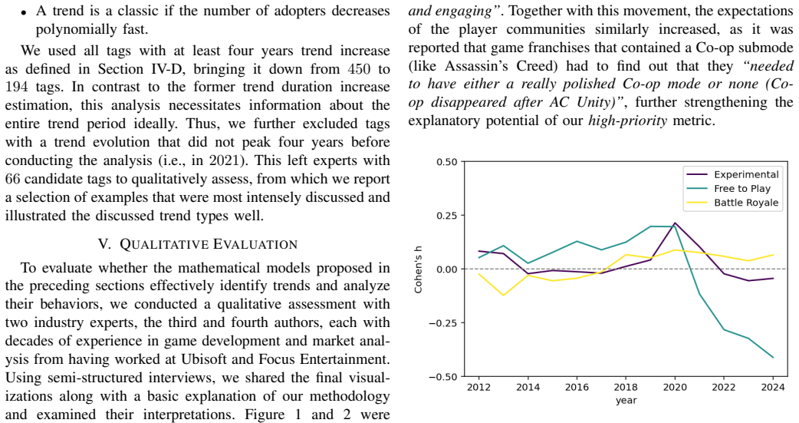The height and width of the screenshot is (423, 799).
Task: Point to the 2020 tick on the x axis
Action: pyautogui.click(x=675, y=377)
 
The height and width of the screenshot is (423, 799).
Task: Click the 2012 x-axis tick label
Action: pyautogui.click(x=478, y=387)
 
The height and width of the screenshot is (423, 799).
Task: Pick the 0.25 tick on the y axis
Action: pyautogui.click(x=462, y=215)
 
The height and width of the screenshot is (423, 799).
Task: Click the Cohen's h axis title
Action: pyautogui.click(x=419, y=269)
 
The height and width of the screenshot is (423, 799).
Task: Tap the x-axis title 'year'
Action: pyautogui.click(x=626, y=401)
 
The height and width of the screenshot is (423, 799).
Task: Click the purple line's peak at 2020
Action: pyautogui.click(x=675, y=223)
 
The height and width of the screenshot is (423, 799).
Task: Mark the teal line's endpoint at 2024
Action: pyautogui.click(x=772, y=357)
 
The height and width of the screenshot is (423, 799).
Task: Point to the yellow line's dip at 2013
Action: pyautogui.click(x=504, y=296)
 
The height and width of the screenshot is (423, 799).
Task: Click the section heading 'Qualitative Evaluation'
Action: pyautogui.click(x=198, y=244)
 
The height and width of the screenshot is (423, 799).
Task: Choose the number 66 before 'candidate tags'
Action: pyautogui.click(x=13, y=179)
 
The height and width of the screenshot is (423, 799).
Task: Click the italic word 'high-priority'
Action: pyautogui.click(x=627, y=121)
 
